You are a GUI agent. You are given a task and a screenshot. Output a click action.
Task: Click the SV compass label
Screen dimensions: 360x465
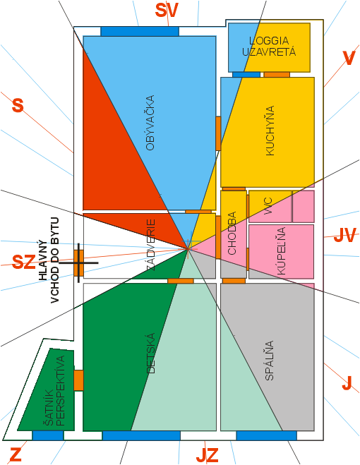pos(167,11)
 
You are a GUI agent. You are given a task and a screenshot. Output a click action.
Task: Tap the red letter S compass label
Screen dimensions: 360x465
pos(18,105)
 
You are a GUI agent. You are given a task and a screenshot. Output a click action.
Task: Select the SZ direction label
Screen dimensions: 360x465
pos(24,262)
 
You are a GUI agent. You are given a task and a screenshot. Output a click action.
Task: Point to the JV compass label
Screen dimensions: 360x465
pos(345,236)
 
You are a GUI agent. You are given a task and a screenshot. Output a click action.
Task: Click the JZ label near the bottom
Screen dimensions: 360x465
pos(207,455)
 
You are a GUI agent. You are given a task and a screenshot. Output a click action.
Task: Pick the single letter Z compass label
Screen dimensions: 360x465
pos(16,454)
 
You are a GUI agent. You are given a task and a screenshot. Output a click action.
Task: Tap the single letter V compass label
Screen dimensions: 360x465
pos(349,58)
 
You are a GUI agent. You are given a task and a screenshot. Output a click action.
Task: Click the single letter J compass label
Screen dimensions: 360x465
pos(347,383)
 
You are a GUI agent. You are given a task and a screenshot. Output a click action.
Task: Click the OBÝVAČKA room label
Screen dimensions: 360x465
pos(150,123)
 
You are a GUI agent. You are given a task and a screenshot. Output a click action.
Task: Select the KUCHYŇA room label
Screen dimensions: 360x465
pos(270,131)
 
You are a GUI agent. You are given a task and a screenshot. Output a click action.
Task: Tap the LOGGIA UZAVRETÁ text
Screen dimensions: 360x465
pos(269,47)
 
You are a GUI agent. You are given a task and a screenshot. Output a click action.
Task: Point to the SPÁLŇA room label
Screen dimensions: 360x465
pos(269,361)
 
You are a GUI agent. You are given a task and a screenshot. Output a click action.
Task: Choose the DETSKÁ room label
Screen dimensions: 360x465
pos(151,354)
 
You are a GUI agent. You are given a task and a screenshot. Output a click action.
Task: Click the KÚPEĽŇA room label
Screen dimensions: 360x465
pos(281,251)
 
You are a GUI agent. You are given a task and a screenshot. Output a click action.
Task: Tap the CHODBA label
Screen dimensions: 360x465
pos(232,233)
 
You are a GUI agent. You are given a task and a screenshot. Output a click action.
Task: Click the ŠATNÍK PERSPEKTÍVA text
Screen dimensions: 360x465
pos(54,391)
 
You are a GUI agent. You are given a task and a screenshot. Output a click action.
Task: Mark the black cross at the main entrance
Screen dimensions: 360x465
pos(78,262)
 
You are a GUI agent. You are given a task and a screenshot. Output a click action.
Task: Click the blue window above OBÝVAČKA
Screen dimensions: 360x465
pos(140,31)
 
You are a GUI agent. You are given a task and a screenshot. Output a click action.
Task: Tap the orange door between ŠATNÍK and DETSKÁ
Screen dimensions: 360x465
pos(78,380)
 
